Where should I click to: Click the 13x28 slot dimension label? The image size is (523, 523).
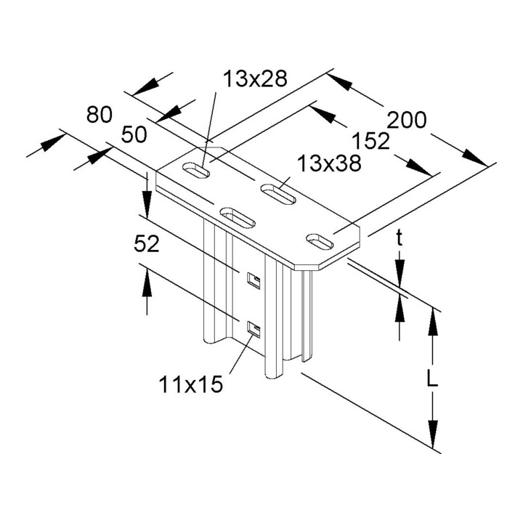255,79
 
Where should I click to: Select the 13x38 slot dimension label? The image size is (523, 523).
329,163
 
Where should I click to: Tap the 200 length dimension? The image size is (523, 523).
407,120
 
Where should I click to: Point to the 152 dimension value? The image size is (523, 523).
371,141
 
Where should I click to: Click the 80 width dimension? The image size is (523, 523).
100,115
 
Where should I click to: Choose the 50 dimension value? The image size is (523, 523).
134,135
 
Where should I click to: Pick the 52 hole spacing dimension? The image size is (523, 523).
147,244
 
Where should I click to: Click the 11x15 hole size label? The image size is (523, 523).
190,384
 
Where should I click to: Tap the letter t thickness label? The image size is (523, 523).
400,238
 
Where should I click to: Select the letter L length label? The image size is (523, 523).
432,378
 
